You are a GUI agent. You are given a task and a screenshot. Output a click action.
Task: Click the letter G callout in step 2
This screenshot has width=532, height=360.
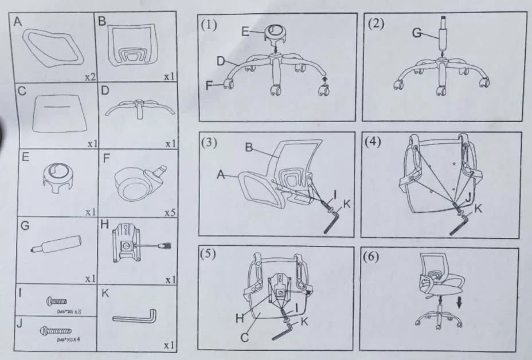pos(416,34)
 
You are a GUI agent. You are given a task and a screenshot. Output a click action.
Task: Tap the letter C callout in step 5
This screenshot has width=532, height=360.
pos(244,338)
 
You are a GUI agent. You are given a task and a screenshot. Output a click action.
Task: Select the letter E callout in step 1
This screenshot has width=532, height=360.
pos(245,32)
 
